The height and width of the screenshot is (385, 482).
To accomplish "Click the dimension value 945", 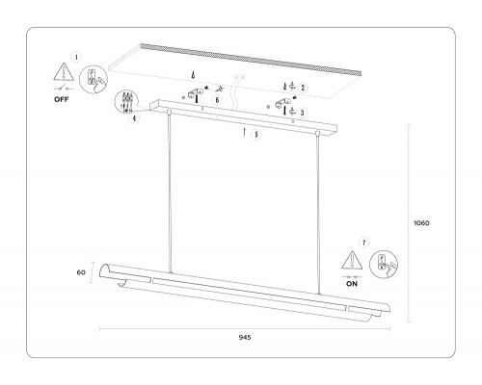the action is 245,337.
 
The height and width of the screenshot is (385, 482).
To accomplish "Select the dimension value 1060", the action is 421,223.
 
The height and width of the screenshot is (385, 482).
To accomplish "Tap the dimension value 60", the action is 81,272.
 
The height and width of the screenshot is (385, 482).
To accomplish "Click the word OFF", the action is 62,99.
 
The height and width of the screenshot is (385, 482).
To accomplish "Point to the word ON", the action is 352,284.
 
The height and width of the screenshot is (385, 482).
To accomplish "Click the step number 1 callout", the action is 76,57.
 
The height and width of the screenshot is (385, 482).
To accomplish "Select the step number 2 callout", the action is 303,88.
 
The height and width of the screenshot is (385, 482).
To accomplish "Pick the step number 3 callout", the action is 302,113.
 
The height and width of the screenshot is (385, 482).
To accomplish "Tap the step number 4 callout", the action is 134,118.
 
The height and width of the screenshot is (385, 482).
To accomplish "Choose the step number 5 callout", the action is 256,135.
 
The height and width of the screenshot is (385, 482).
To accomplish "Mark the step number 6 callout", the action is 217,100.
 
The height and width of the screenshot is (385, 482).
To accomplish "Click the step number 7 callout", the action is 363,243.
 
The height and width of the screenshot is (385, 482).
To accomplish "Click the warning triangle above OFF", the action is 64,71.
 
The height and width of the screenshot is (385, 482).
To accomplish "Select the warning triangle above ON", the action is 352,260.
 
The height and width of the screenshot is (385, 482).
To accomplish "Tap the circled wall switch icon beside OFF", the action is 94,80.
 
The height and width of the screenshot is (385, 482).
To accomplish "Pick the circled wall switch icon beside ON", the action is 384,265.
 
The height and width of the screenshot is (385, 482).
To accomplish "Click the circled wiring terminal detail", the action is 125,102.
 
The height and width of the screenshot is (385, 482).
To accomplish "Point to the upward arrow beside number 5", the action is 244,132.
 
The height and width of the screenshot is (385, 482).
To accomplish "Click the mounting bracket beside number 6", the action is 195,92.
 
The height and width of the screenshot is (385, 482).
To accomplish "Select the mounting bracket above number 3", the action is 283,102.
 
